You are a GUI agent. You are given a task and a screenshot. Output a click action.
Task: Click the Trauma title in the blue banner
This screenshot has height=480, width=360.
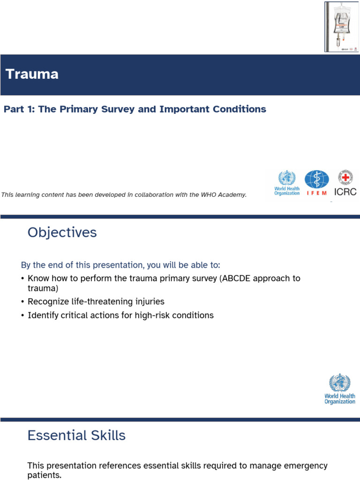pyautogui.click(x=32, y=74)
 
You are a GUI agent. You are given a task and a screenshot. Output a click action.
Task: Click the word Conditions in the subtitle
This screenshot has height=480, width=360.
pyautogui.click(x=240, y=109)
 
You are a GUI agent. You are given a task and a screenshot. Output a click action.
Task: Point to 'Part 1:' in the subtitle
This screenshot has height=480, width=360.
pyautogui.click(x=19, y=109)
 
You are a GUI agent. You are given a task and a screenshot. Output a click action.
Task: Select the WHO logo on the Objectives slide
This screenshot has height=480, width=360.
pyautogui.click(x=340, y=389)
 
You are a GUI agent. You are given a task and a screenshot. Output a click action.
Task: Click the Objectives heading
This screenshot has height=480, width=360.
pyautogui.click(x=62, y=232)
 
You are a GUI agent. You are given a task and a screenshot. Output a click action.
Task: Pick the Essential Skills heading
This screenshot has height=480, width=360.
pyautogui.click(x=76, y=435)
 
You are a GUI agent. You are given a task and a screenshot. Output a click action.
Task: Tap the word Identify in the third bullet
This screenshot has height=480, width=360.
pyautogui.click(x=42, y=315)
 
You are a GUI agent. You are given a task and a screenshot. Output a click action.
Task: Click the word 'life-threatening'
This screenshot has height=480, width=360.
pyautogui.click(x=99, y=301)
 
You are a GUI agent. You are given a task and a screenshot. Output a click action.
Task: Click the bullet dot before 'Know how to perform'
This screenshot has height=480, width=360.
pyautogui.click(x=22, y=279)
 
